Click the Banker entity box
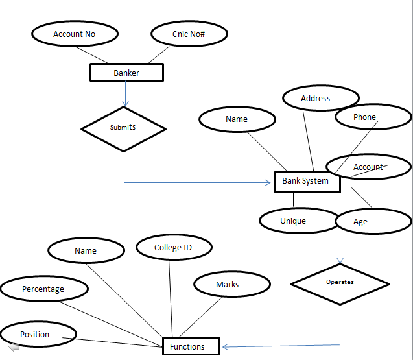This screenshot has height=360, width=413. pos(126,73)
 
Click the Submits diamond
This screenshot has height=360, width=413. pos(124,128)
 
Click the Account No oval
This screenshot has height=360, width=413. pos(75,34)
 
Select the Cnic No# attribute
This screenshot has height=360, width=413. pos(189,34)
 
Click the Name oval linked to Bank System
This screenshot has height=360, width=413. pos(237,119)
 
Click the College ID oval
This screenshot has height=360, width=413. pos(174,248)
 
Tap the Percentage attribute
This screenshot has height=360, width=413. pos(43,289)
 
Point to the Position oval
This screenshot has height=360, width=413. pos(38,334)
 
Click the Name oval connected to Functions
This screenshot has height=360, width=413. pos(86,250)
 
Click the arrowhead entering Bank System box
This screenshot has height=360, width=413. pos(267,183)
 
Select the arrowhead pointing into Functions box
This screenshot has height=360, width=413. pos(226,346)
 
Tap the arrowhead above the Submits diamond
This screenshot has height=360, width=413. pos(124,102)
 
